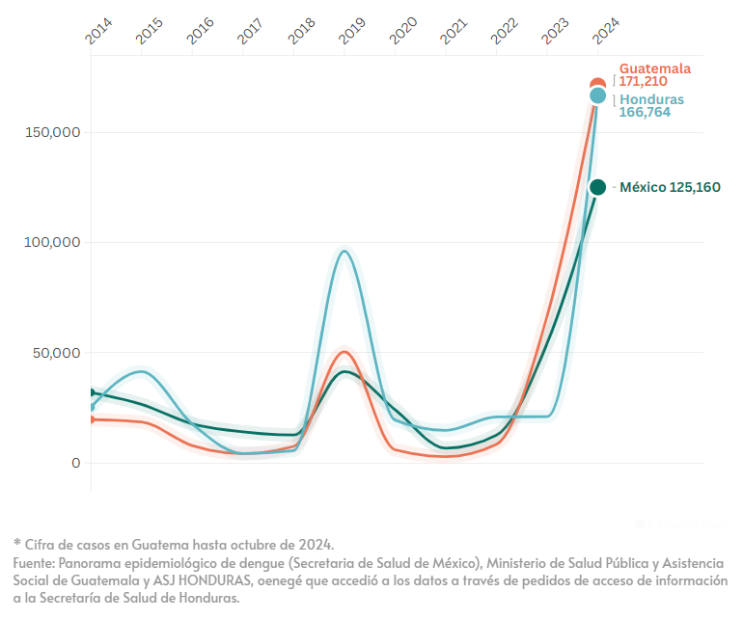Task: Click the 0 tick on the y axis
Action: [76, 463]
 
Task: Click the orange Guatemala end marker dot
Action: [597, 85]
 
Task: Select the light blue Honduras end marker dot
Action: [597, 96]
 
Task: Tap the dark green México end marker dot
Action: [597, 187]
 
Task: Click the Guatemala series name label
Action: [655, 68]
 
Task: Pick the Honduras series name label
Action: [651, 99]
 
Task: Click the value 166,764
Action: [644, 112]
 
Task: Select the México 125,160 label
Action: [670, 187]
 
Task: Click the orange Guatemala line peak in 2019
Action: [345, 351]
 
